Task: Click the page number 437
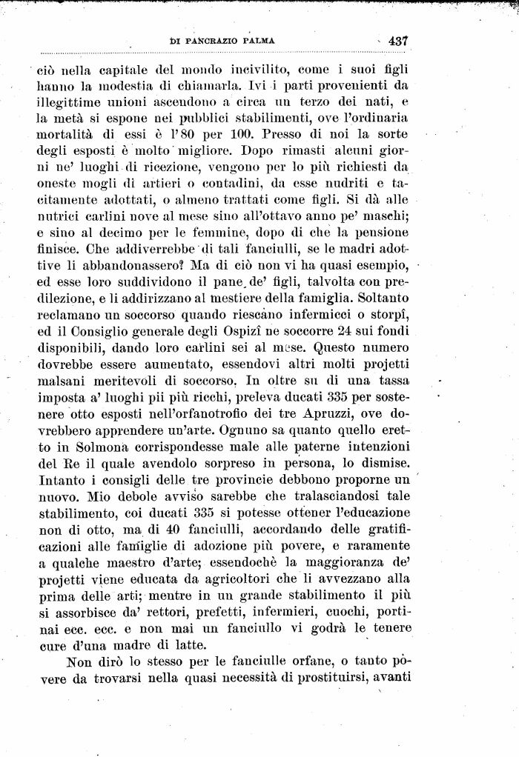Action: pos(398,41)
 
